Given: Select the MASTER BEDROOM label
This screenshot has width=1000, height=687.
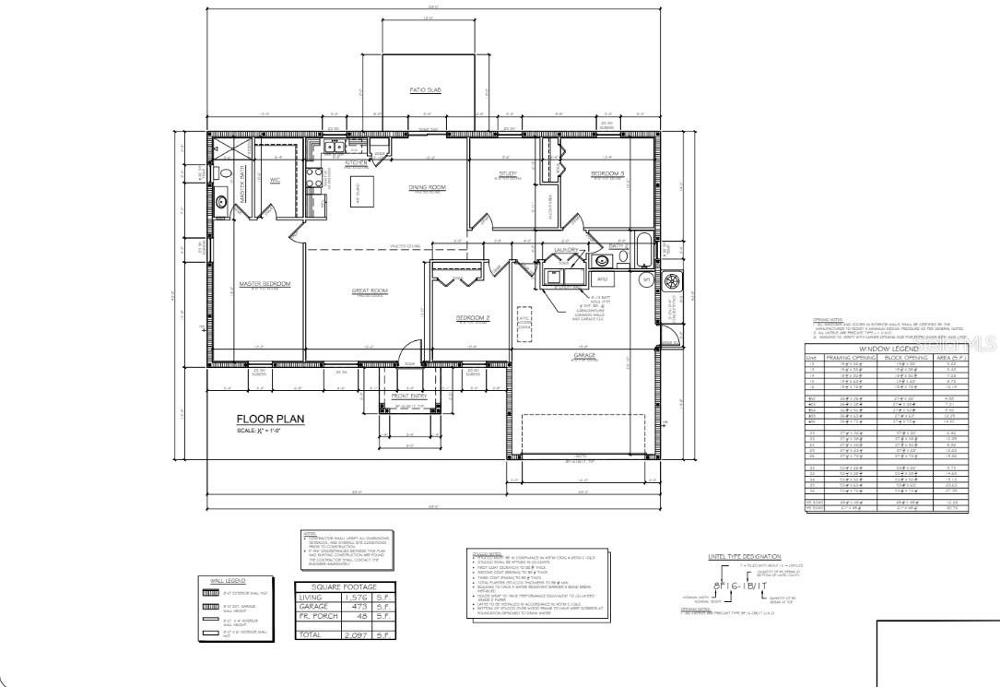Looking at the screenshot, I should pos(265,283).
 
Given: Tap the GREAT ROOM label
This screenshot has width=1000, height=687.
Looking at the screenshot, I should pos(370,290).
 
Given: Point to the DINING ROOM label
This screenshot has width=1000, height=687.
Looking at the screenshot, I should pos(427,187).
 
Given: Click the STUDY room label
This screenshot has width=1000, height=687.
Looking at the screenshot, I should pos(508,172).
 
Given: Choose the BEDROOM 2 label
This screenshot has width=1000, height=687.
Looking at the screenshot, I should pos(472,317).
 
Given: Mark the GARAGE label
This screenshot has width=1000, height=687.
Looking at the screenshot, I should pos(583,354).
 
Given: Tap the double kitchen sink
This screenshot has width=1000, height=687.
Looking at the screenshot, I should pos(332,146).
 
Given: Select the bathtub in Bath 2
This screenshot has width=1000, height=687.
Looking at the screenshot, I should pos(642,250).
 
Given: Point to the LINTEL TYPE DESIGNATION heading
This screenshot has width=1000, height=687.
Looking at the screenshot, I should pos(745,557).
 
